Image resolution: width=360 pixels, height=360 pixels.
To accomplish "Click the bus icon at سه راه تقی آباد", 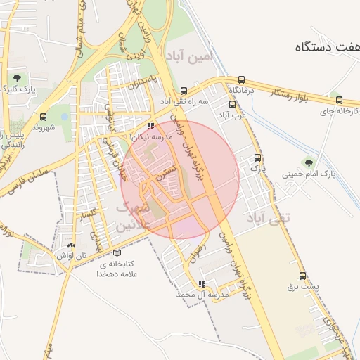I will point(184,91).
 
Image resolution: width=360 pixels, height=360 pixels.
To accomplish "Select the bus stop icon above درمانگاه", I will point(242,79).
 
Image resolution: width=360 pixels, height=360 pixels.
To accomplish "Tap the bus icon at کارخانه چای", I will point(339,101).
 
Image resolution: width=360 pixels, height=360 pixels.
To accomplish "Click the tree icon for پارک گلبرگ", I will point(17,77).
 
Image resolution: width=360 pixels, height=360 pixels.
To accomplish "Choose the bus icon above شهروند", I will point(44,116).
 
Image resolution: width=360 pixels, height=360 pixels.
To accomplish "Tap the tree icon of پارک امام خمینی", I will point(307,162).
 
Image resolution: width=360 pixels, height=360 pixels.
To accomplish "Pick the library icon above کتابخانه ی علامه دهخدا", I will point(117,252).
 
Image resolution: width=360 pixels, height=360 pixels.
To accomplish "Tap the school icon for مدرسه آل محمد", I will point(202,285).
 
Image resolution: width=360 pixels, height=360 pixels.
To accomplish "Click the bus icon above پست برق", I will point(303,276).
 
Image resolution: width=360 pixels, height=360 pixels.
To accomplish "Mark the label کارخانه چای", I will point(339,111).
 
